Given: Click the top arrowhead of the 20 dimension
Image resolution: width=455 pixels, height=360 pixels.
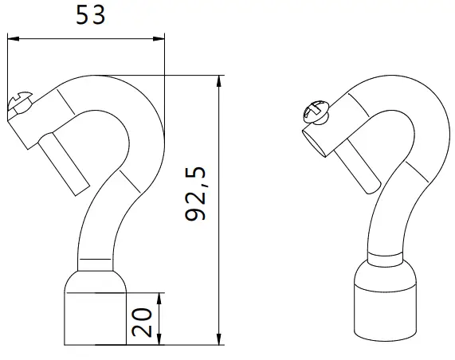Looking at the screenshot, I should pyautogui.click(x=161, y=297).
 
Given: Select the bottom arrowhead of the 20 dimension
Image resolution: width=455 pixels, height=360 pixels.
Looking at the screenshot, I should pyautogui.click(x=161, y=340).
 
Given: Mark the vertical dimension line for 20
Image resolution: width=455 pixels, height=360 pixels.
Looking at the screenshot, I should pyautogui.click(x=161, y=319).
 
